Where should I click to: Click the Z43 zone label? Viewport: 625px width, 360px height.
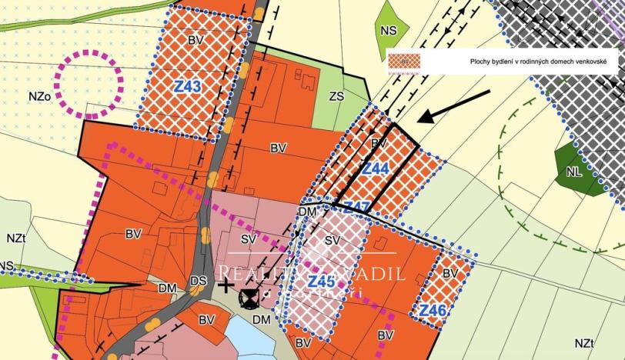(187, 87)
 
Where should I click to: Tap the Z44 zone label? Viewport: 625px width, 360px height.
(376, 168)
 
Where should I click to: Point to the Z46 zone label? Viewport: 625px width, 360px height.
(433, 310)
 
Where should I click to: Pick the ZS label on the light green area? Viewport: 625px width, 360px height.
(336, 96)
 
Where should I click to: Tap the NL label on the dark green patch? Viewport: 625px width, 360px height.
(573, 172)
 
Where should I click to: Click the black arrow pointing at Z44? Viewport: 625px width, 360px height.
(454, 106)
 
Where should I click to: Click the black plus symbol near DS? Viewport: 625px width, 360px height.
(225, 286)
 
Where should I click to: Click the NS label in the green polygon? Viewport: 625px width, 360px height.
(389, 32)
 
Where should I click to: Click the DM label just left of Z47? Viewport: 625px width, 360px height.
(308, 212)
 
